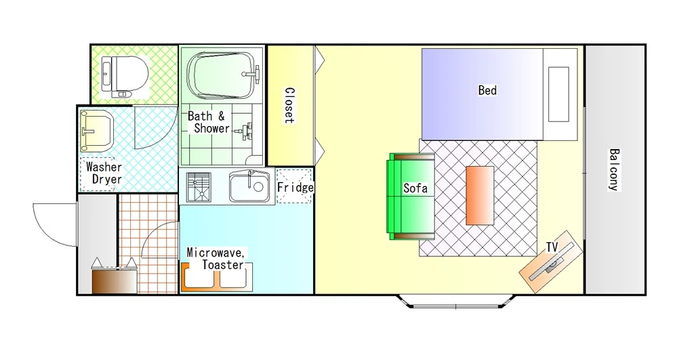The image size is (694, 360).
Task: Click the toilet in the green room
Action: (125, 75)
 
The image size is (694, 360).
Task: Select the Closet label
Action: (289, 105)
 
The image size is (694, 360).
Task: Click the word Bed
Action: (487, 90)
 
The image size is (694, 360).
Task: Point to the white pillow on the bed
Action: (558, 94)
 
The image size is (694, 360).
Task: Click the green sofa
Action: (411, 196)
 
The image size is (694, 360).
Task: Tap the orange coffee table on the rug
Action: (480, 196)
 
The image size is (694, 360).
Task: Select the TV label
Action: (552, 247)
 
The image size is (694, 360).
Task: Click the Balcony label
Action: (614, 169)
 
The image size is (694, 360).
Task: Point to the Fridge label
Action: (295, 187)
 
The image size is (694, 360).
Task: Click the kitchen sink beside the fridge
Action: (249, 186)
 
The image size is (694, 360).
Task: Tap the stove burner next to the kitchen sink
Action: (199, 187)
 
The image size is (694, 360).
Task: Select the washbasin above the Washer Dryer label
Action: (96, 131)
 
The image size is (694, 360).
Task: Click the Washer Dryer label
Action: (104, 173)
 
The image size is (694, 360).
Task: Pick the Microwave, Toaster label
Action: (216, 258)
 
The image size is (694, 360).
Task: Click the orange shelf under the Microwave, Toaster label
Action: (216, 278)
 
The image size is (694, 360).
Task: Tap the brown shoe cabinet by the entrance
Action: (115, 281)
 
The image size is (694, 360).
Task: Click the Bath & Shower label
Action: (209, 122)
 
